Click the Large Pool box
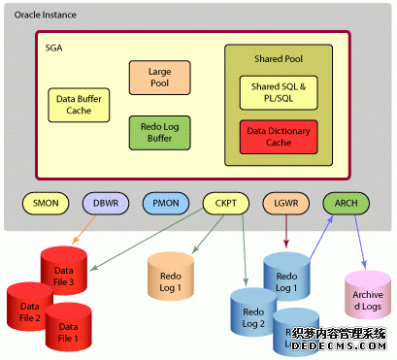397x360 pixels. pos(159,78)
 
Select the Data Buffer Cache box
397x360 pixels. pos(79,105)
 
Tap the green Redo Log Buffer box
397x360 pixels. pos(159,133)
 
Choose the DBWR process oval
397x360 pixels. pos(107,204)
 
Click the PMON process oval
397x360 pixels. pos(166,204)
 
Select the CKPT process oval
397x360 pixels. pos(226,204)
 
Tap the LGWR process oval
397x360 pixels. pos(286,204)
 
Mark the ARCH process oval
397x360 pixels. pos(347,204)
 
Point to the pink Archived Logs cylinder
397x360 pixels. pos(367,297)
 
